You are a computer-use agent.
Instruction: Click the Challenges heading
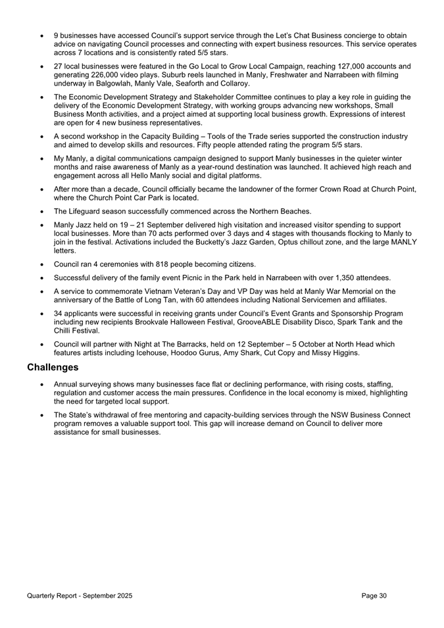(53, 367)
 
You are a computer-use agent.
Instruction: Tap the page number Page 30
(374, 595)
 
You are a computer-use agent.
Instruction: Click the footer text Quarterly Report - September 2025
(80, 595)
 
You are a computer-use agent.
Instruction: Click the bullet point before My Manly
(43, 158)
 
